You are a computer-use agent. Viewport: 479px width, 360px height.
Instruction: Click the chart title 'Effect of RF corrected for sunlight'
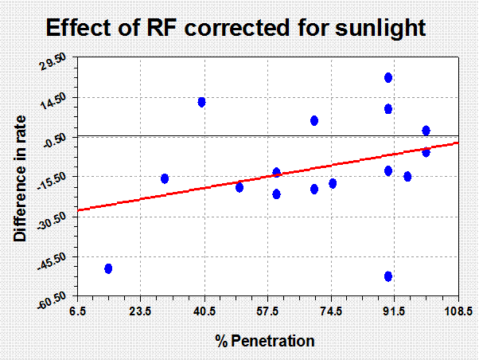236,28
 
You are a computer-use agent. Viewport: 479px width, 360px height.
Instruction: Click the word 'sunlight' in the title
380,29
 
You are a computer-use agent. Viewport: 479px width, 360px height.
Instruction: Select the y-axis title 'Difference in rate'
20,178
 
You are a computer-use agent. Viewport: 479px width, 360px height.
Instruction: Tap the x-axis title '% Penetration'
265,341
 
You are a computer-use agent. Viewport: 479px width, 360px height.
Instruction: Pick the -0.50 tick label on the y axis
55,140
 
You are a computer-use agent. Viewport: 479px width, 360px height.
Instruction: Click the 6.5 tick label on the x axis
78,311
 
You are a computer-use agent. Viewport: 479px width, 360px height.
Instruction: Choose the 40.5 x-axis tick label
205,311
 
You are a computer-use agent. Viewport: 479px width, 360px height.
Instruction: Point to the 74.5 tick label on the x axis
332,311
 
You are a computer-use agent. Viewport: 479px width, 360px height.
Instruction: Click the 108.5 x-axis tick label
458,311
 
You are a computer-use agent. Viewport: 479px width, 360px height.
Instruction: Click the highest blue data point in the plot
388,78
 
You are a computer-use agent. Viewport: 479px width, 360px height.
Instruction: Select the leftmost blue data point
108,268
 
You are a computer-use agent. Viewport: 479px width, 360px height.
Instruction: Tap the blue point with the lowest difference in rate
388,276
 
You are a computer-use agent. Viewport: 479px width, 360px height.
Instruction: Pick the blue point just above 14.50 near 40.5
201,102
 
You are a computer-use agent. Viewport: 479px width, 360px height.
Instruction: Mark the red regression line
268,177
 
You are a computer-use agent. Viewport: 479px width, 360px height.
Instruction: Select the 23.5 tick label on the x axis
141,311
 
